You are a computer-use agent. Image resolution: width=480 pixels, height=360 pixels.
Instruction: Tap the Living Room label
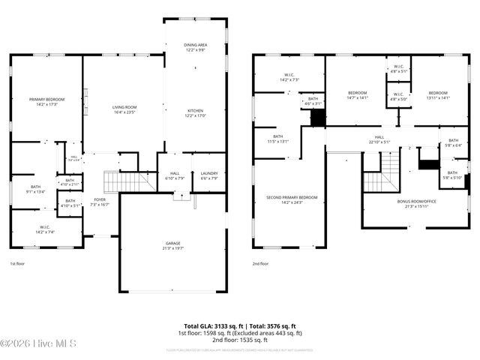(x=123, y=110)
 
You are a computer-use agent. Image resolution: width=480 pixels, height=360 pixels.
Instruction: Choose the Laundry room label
(x=209, y=175)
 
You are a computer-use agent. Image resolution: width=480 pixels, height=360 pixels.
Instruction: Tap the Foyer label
(x=100, y=202)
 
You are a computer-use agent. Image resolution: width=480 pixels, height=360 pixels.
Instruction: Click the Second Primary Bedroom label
(x=292, y=199)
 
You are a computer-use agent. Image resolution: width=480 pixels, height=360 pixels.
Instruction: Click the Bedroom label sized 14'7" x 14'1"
(x=357, y=95)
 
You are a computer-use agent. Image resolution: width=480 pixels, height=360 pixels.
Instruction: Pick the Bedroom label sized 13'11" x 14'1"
(x=437, y=95)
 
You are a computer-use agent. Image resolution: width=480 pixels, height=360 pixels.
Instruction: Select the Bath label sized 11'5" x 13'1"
(x=278, y=139)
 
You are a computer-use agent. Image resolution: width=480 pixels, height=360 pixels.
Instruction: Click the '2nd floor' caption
(x=260, y=264)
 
